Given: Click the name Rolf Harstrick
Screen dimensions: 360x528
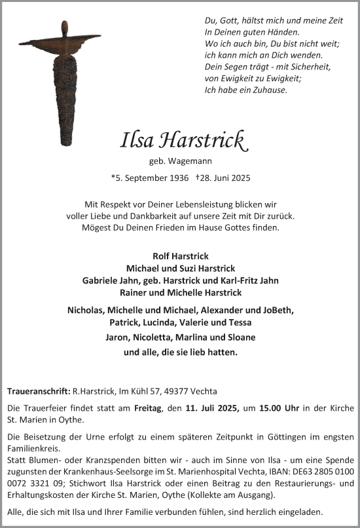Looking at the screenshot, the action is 180,256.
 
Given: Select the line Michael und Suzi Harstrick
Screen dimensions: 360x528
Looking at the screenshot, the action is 180,268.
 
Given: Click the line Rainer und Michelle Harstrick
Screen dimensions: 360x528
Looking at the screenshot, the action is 180,292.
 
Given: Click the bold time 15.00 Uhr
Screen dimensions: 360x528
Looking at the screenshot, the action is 278,408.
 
